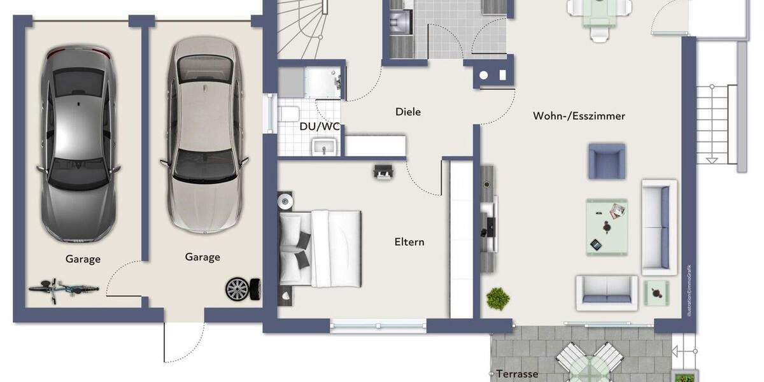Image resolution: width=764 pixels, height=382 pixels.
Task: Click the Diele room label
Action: pos(408,112)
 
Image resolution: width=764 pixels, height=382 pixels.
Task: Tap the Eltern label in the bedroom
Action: pos(409,242)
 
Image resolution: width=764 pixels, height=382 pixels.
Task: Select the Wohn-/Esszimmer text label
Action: pos(579,116)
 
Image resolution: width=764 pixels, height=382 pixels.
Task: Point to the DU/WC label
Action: pos(320,126)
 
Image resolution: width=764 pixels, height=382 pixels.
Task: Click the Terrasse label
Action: pos(518,374)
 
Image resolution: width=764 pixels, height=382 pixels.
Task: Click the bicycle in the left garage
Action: pos(63,290)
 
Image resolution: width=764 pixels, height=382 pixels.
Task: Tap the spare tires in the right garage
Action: pos(243,289)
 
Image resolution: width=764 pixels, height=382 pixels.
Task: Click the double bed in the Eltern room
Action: pos(320,248)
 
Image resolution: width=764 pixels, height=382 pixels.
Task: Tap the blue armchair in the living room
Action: pos(607,161)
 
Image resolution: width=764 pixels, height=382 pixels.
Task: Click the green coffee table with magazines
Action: pos(607,227)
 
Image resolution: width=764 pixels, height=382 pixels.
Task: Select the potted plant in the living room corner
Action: pos(498,298)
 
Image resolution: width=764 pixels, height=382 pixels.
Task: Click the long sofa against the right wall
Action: pos(659,227)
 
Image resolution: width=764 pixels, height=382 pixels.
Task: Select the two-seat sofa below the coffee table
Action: pos(607,292)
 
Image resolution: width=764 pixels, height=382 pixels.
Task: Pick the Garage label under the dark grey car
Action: pos(83,259)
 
